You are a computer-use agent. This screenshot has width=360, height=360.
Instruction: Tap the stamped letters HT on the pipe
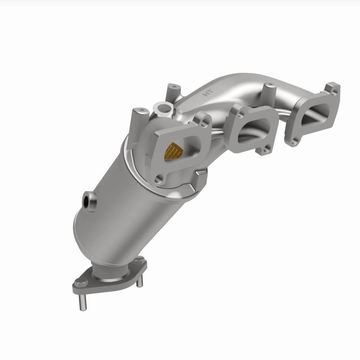208,94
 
